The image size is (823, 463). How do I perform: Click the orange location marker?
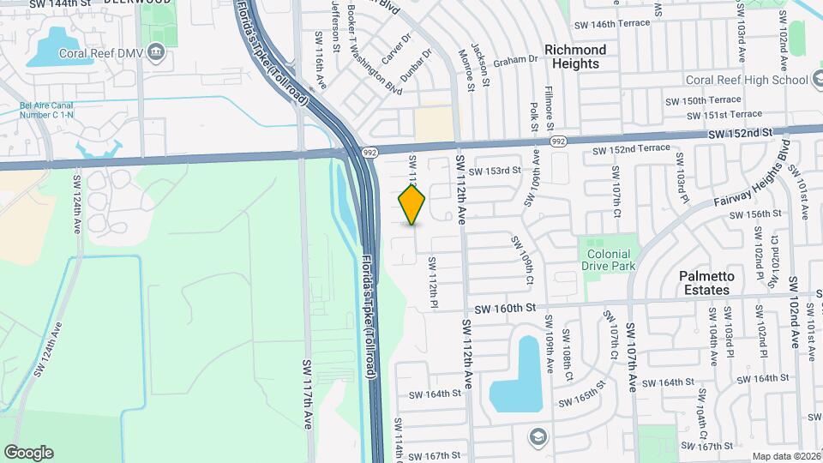pyautogui.click(x=411, y=204)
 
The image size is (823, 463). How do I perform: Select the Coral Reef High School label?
pyautogui.click(x=747, y=80)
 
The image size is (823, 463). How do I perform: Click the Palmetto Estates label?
pyautogui.click(x=705, y=283)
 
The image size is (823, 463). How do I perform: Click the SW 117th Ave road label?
pyautogui.click(x=308, y=394)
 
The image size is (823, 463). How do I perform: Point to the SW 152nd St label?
pyautogui.click(x=740, y=133)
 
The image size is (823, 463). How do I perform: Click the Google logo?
pyautogui.click(x=28, y=452)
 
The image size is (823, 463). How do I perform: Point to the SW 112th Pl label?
pyautogui.click(x=433, y=283)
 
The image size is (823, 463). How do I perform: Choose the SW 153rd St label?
pyautogui.click(x=495, y=170)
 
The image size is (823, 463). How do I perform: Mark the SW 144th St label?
pyautogui.click(x=60, y=4)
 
